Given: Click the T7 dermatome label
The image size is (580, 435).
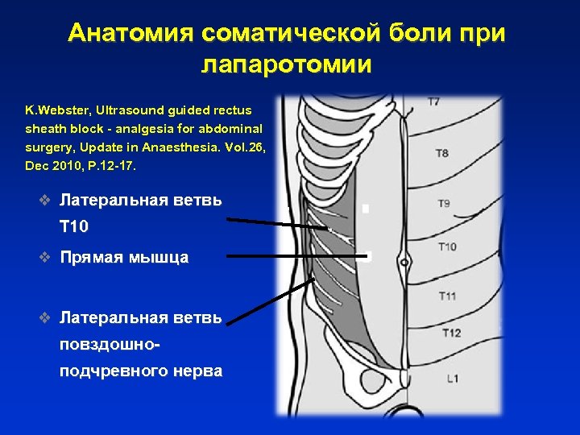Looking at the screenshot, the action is [x=433, y=102].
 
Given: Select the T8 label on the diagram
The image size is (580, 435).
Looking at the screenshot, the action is [x=442, y=153].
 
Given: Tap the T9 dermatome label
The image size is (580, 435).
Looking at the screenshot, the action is [x=444, y=204].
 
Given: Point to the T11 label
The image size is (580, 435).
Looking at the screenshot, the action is [x=447, y=296].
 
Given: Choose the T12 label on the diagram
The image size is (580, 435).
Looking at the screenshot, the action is [x=451, y=333].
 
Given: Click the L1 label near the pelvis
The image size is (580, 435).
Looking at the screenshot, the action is [x=453, y=378].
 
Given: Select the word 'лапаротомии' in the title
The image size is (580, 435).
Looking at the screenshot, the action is [x=286, y=64].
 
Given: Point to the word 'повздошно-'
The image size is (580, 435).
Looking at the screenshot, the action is [x=109, y=344].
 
